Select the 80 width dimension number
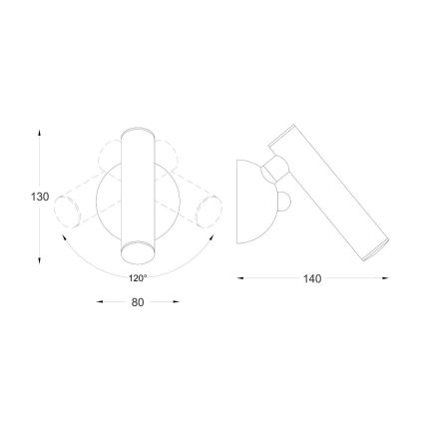138,301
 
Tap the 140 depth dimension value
312,279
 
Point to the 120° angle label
138,278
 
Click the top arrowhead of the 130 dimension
40,132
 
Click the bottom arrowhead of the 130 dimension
40,261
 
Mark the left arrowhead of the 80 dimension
99,301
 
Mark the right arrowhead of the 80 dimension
177,301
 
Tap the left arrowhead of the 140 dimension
240,279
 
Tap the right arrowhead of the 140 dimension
385,279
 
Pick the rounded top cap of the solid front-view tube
135,134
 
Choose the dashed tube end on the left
67,212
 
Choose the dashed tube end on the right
210,212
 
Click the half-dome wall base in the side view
249,200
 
